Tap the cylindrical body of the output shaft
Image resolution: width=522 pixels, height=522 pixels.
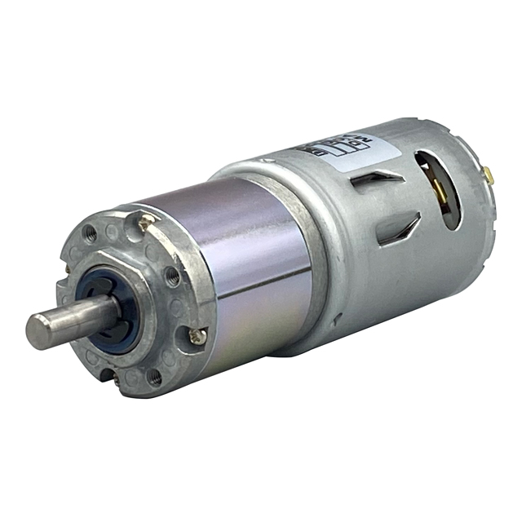(x=77, y=317)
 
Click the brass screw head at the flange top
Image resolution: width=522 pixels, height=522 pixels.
(x=147, y=220)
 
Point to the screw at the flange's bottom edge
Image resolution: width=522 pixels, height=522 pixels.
(x=108, y=376)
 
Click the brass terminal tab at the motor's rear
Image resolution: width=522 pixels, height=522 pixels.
(x=487, y=174)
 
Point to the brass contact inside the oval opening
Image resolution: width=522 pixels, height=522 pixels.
(x=440, y=192)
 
